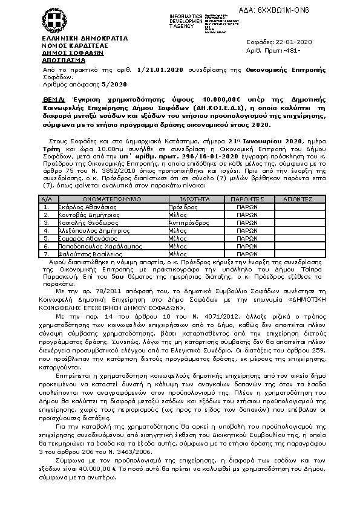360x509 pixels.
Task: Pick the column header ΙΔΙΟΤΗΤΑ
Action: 195,198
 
